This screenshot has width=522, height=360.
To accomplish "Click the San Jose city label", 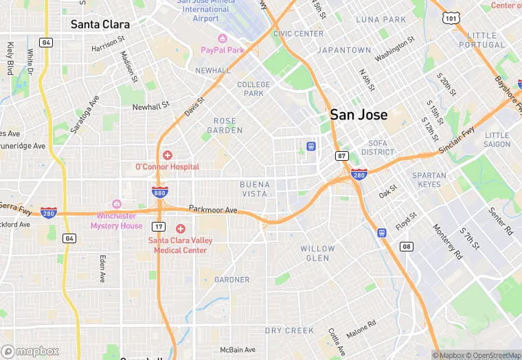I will (359, 115).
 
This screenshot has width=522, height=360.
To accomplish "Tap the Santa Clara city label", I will (100, 24).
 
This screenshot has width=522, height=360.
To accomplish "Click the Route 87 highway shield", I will (342, 157).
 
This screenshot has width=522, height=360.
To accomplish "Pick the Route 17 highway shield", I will (159, 226).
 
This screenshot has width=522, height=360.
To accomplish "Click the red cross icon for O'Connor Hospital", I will (167, 156).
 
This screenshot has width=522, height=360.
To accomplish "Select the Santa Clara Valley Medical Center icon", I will (181, 229).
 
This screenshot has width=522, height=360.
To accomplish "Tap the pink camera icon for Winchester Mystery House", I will (116, 204).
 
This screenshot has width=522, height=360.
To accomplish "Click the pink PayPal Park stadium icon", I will (222, 38).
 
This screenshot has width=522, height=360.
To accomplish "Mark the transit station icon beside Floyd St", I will (382, 233).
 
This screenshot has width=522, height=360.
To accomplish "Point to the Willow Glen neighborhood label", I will (318, 253).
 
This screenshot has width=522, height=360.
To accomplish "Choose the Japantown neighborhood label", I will (344, 50).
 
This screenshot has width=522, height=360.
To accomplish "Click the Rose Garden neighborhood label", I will (225, 125).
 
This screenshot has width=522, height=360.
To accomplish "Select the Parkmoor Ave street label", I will (213, 210).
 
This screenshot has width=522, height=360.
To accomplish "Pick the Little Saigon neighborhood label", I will (497, 140).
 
